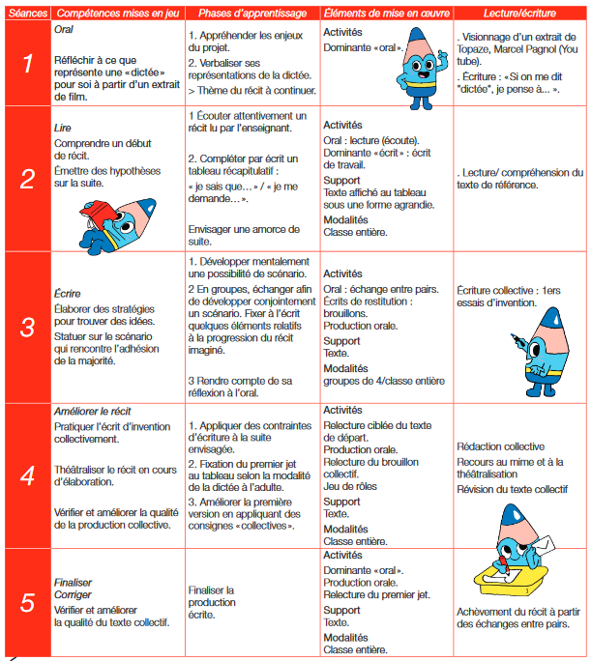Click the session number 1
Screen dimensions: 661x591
27,65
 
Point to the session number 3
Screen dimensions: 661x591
27,326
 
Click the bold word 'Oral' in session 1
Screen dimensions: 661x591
65,31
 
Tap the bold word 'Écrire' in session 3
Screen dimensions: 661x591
68,293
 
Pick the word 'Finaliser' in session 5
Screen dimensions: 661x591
74,584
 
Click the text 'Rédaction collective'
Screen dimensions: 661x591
500,446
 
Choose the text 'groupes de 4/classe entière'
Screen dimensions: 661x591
383,382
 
